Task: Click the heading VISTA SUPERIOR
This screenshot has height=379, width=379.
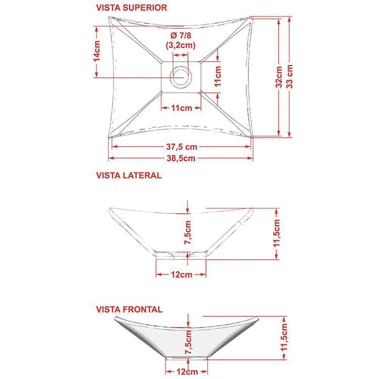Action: (x=131, y=8)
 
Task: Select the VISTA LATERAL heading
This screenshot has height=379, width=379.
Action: (x=129, y=175)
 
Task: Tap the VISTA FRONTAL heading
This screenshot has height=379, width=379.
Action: (x=129, y=310)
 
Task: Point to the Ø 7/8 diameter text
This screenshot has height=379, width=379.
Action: (x=180, y=36)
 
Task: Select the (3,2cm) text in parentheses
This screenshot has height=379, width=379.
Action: (x=180, y=45)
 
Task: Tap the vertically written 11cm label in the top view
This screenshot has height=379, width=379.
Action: (x=218, y=77)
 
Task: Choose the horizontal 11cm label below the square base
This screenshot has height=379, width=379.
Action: (x=181, y=108)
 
